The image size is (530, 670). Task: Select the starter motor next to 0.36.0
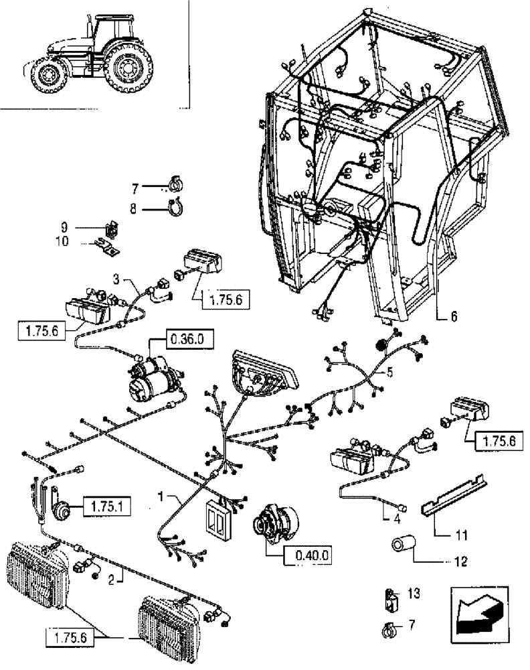click(156, 379)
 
